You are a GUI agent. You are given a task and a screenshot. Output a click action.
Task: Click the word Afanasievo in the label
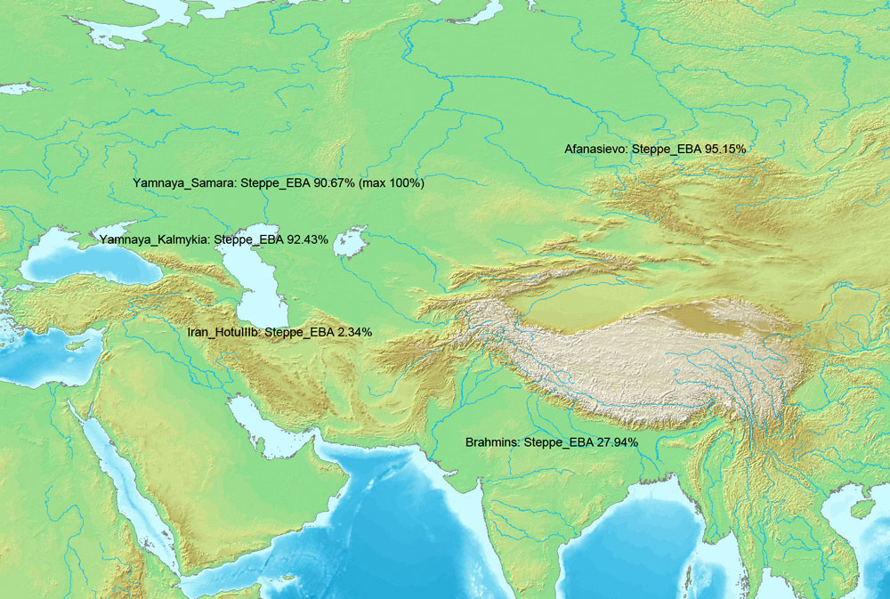595,149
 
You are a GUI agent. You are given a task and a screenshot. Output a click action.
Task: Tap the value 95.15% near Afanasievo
724,149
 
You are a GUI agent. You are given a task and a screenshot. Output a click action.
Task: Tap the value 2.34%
354,332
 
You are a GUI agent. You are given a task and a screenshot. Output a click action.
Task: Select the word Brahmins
493,442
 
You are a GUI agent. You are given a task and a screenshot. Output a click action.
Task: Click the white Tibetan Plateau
623,356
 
